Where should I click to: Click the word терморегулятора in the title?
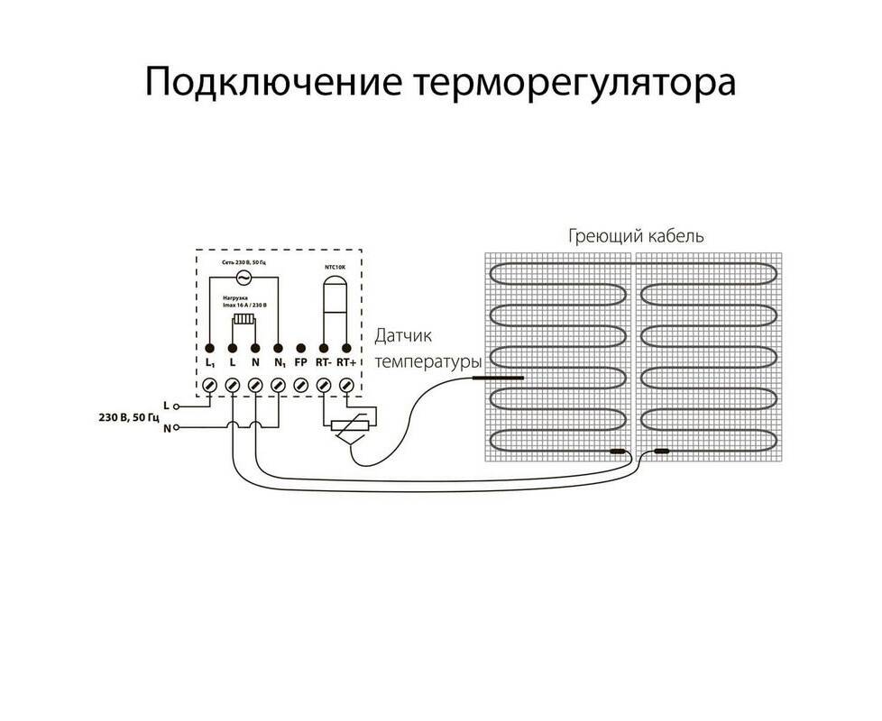pyautogui.click(x=574, y=82)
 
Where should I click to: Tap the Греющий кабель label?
pyautogui.click(x=636, y=236)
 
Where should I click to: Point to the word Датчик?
pyautogui.click(x=403, y=335)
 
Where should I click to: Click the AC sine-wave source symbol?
pyautogui.click(x=243, y=277)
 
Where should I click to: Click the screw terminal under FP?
pyautogui.click(x=300, y=385)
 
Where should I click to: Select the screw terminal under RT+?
pyautogui.click(x=345, y=385)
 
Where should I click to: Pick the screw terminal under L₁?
pyautogui.click(x=209, y=385)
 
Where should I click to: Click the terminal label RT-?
pyautogui.click(x=322, y=362)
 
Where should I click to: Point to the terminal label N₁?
pyautogui.click(x=279, y=362)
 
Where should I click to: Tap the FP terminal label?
pyautogui.click(x=300, y=362)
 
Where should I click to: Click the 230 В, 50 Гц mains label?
pyautogui.click(x=128, y=417)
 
